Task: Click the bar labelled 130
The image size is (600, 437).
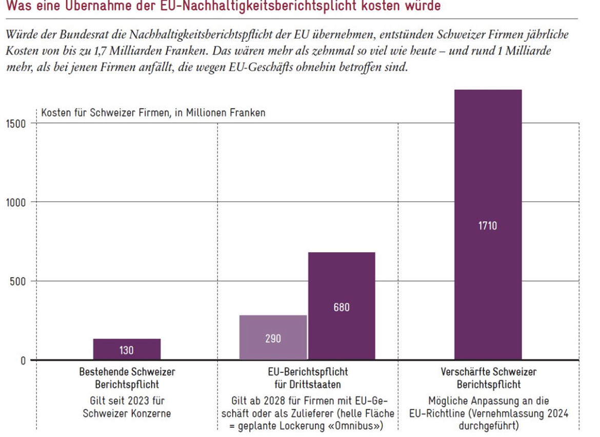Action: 127,349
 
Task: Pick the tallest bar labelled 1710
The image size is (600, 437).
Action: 488,225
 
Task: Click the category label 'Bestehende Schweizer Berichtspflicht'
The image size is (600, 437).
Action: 127,378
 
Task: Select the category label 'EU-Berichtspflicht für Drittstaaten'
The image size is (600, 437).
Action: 308,378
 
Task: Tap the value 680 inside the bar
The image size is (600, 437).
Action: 342,308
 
